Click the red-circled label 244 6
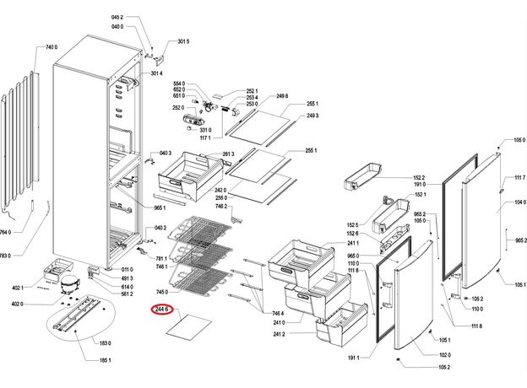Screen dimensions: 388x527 click(162, 310)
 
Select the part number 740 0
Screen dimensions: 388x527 click(51, 47)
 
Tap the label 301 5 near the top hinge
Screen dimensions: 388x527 click(182, 41)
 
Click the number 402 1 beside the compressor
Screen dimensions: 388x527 click(18, 288)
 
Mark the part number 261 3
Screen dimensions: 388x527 click(228, 154)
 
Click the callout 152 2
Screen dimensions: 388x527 click(419, 177)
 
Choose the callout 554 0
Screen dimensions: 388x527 click(178, 84)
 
